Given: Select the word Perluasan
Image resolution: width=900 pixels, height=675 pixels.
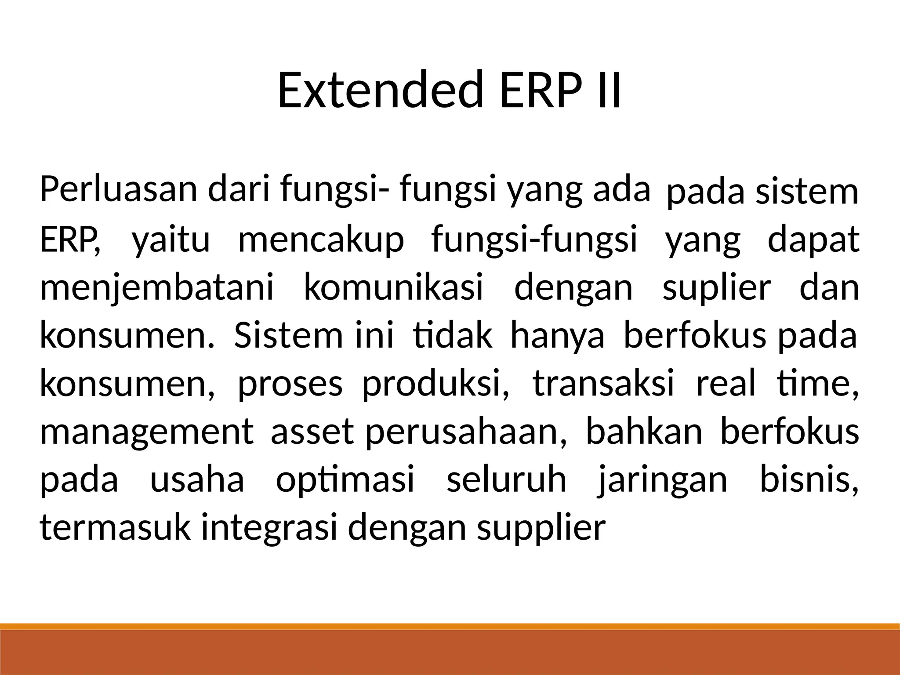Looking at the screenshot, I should pyautogui.click(x=119, y=189).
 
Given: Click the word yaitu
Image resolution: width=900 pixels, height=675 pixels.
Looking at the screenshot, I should pyautogui.click(x=171, y=240).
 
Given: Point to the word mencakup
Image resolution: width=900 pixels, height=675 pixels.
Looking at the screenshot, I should pyautogui.click(x=321, y=240).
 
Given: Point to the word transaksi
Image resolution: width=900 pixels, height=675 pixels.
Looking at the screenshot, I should pyautogui.click(x=603, y=384).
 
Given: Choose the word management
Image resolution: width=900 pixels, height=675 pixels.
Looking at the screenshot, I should pyautogui.click(x=147, y=432).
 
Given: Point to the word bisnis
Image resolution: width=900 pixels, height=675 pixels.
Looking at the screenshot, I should pyautogui.click(x=809, y=479).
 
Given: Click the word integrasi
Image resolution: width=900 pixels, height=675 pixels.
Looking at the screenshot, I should pyautogui.click(x=269, y=527).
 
